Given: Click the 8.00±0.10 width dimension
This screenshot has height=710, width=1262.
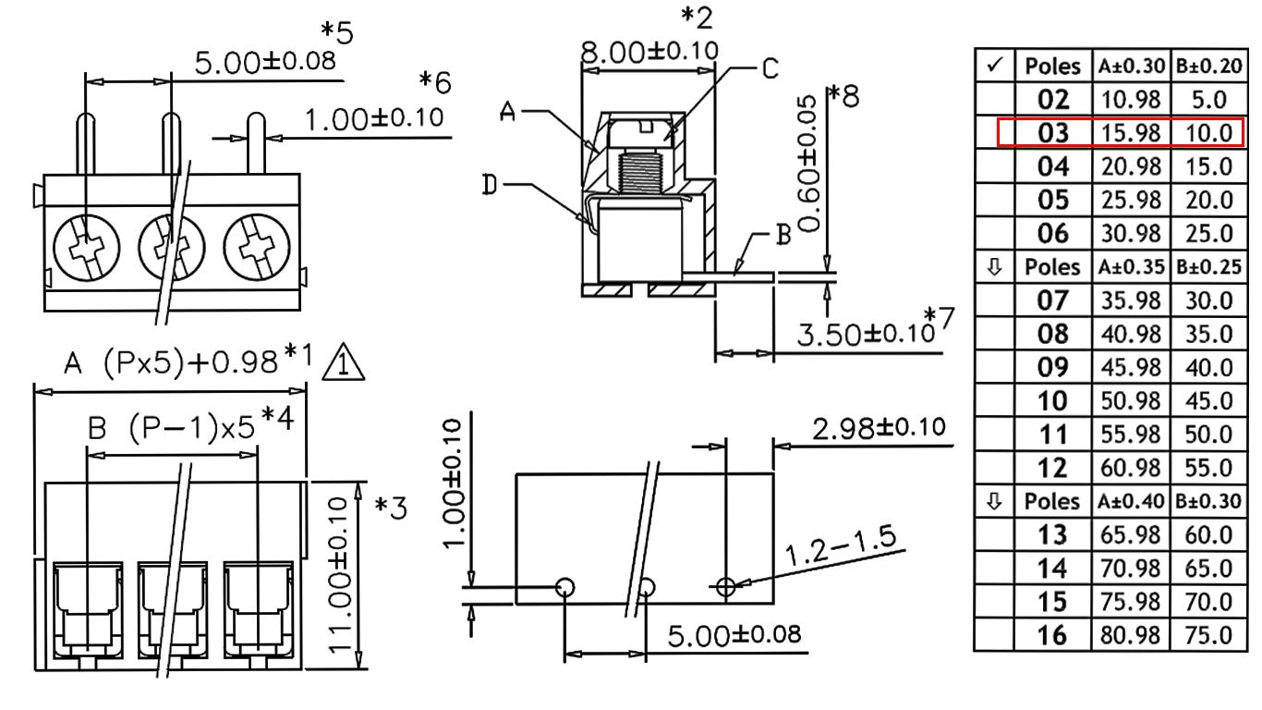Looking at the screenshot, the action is tap(649, 52).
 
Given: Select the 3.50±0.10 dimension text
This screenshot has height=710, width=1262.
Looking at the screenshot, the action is tap(866, 334).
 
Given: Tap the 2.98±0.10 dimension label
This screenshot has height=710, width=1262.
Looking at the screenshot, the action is tap(879, 428).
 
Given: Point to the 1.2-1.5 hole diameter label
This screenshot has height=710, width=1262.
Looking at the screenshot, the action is tap(840, 545).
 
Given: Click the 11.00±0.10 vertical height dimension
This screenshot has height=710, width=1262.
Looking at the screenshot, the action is tap(339, 575).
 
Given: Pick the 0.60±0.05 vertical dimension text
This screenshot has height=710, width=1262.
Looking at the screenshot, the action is tap(808, 165).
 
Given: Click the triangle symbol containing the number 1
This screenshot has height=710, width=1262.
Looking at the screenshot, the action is tap(343, 362).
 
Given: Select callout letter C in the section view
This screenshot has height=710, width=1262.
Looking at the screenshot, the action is tap(771, 68).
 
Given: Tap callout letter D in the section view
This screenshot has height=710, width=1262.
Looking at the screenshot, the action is tap(490, 185).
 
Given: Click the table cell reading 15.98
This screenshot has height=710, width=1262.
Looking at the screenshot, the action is tap(1131, 133).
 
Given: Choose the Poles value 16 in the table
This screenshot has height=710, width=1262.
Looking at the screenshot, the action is tap(1052, 635).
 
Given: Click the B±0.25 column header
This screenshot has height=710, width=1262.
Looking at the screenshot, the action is tap(1208, 267).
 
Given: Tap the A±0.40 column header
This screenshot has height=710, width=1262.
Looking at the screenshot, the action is tap(1131, 501).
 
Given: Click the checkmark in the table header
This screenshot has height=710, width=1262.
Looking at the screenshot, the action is tap(995, 65).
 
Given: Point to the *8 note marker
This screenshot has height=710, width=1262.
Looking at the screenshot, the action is tap(843, 96).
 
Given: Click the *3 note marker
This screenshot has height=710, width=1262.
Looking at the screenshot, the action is tap(391, 508).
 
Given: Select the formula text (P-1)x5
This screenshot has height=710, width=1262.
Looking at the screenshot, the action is tap(192, 429).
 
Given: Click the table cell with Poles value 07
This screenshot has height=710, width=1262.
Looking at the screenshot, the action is tap(1052, 300).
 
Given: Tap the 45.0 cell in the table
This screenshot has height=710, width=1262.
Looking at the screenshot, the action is tap(1208, 401).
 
